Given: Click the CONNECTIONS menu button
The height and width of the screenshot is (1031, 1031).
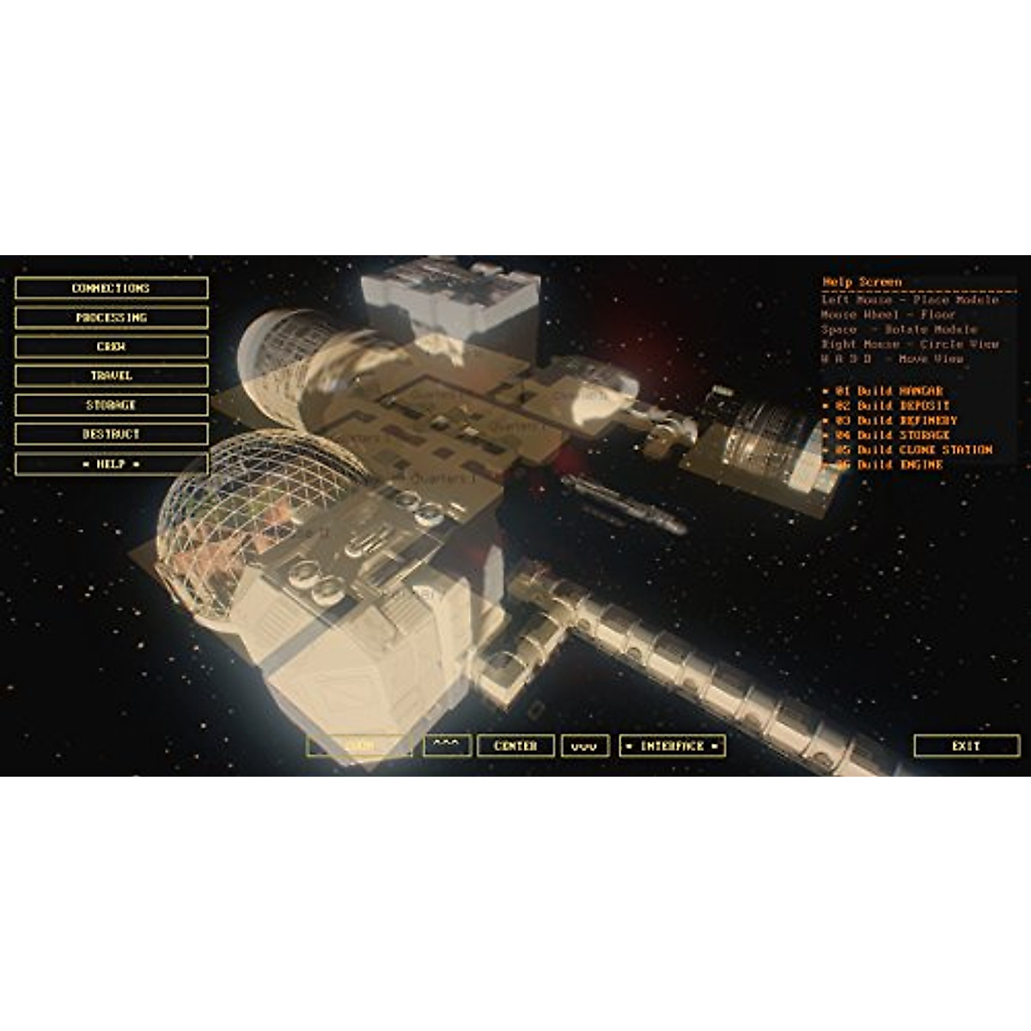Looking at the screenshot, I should (x=111, y=288).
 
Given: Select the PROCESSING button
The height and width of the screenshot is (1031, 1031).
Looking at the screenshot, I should (x=111, y=317).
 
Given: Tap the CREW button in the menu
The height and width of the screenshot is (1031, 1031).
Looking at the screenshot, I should (x=111, y=346).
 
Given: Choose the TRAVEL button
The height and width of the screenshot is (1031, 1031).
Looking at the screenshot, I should (x=111, y=375).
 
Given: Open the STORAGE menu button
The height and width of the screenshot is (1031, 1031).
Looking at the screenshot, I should (x=111, y=405).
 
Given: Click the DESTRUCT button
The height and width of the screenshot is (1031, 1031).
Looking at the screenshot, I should (x=111, y=434).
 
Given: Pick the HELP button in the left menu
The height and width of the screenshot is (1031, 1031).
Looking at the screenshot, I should (x=111, y=463).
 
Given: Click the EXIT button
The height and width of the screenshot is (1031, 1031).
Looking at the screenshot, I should (x=966, y=746).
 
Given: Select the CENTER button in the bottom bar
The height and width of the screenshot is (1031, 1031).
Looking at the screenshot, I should (x=515, y=746).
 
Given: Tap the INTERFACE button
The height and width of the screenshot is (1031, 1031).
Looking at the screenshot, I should (x=672, y=746).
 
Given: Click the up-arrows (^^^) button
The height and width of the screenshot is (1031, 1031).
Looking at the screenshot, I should (x=447, y=746).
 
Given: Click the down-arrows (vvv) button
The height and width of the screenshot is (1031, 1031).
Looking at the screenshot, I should (x=585, y=746).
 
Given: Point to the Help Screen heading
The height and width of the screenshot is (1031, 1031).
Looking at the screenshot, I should (x=862, y=282).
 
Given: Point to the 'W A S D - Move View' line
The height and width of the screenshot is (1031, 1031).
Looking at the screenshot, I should (x=892, y=358).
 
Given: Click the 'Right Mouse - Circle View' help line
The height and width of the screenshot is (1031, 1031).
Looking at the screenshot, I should (x=909, y=344).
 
